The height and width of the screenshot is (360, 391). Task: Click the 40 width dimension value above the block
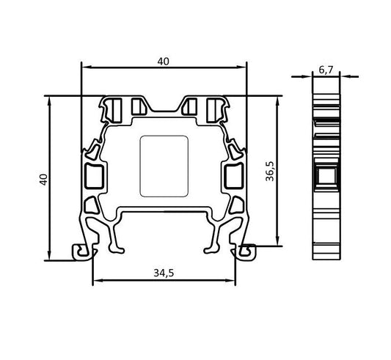[x=163, y=62]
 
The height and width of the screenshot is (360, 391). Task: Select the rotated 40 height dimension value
[x=43, y=178]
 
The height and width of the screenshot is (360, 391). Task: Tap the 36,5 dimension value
[x=270, y=171]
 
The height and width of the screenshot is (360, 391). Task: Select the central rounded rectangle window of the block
[x=164, y=166]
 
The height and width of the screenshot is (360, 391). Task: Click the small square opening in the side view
[x=326, y=175]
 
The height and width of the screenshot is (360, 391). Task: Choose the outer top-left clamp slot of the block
[x=112, y=109]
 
